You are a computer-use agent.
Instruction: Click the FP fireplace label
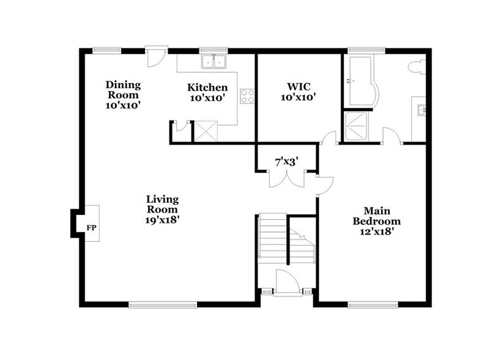(x=91, y=228)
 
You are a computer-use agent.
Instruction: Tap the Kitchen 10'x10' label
(x=207, y=92)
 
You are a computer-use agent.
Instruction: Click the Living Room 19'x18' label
(x=162, y=208)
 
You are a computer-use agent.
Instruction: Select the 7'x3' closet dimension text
(x=286, y=162)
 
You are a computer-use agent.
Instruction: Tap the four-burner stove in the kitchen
(x=248, y=96)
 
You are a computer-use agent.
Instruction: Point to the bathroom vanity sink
(x=421, y=110)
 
